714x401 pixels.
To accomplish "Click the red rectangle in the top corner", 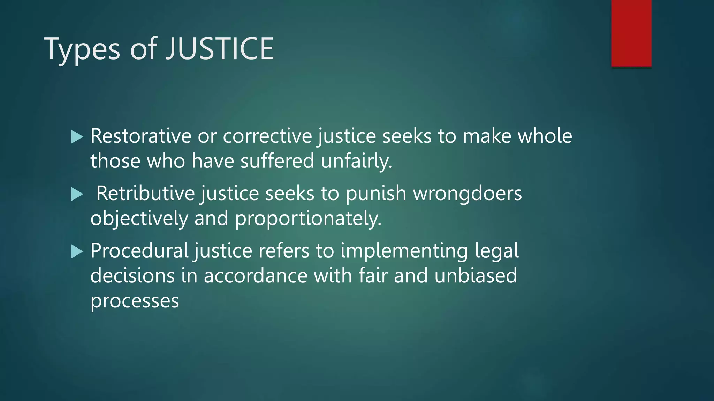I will (x=631, y=33).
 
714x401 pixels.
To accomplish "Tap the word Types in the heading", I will (x=82, y=49).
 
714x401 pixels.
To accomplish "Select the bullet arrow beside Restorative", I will (x=77, y=137).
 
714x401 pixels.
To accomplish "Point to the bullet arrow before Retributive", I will (x=77, y=194).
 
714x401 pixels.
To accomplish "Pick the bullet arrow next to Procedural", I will (x=77, y=251).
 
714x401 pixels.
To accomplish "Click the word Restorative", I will (x=141, y=136).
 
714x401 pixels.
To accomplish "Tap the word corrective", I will (x=267, y=136).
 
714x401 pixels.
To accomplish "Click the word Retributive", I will (x=145, y=193).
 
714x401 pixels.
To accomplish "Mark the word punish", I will (x=376, y=193).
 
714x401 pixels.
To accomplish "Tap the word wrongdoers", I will (x=468, y=194).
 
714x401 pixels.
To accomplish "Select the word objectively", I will (x=139, y=219).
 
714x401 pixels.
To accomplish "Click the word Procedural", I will (x=139, y=251).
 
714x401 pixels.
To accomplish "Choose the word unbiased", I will (x=476, y=275).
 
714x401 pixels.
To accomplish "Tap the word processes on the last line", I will (x=135, y=301).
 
